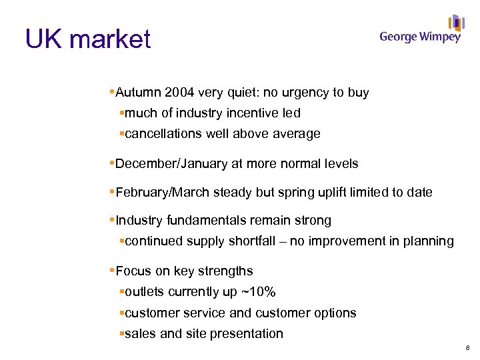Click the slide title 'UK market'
(x=88, y=39)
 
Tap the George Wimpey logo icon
(x=456, y=23)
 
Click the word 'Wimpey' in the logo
(x=439, y=37)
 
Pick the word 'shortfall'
(x=250, y=241)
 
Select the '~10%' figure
(x=259, y=292)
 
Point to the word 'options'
(x=335, y=313)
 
